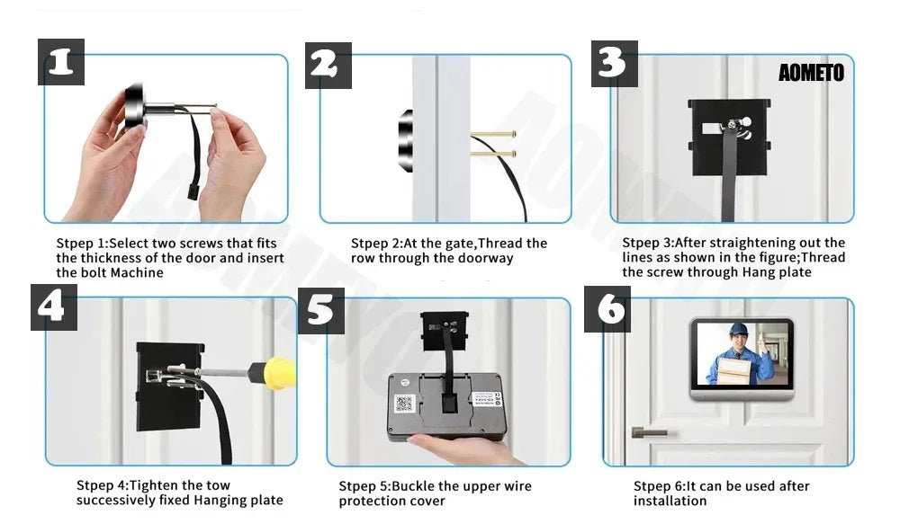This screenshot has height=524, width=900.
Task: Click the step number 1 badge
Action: [61, 63]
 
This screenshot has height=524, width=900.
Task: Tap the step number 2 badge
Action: [328, 65]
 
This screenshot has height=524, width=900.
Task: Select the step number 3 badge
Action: [614, 63]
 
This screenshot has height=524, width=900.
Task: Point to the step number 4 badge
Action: [53, 306]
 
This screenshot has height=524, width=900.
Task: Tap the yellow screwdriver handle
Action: [280, 371]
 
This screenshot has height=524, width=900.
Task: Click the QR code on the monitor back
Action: [404, 404]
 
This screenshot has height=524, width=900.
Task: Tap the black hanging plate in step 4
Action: [167, 386]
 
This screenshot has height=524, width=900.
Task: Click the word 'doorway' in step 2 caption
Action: [482, 258]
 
